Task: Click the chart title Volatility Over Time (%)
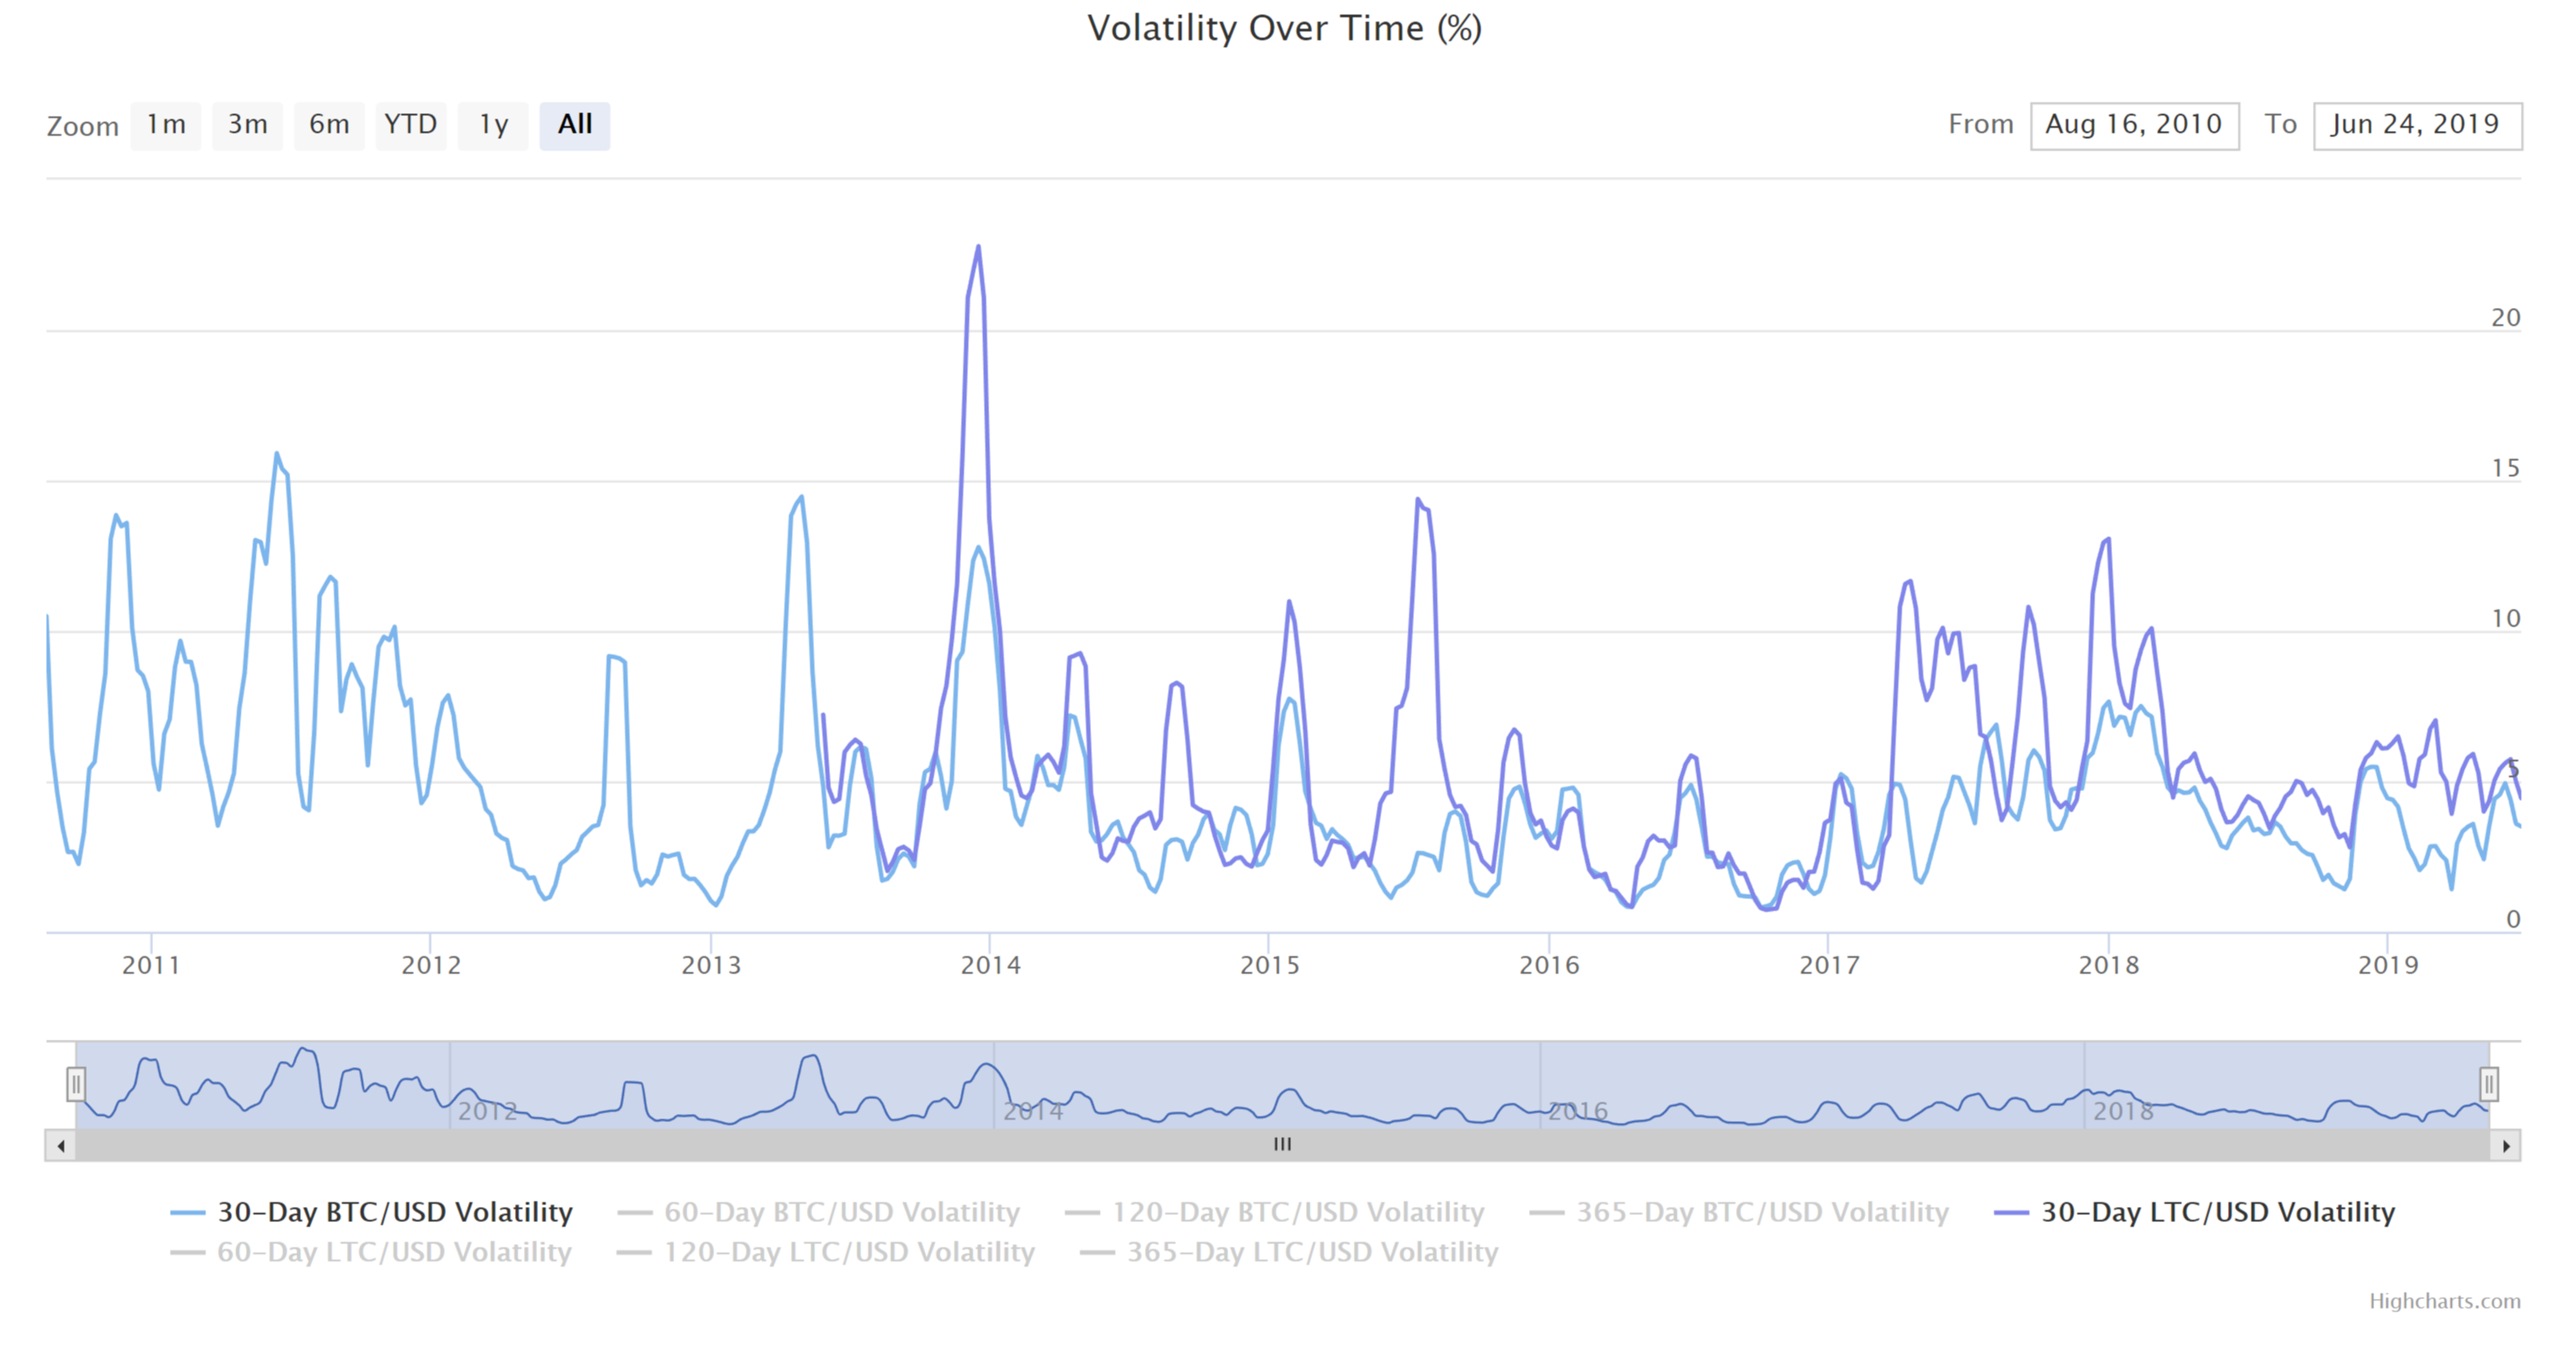coord(1284,28)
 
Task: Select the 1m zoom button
coord(165,125)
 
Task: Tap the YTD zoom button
coord(411,125)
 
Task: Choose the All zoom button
coord(575,125)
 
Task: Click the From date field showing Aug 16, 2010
coord(2133,126)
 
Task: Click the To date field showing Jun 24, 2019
coord(2416,126)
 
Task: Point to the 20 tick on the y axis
coord(2504,318)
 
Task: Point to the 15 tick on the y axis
coord(2504,468)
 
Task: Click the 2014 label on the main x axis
coord(990,965)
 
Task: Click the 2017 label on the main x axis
coord(1829,965)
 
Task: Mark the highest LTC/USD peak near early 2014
coord(979,247)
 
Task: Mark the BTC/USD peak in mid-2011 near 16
coord(277,454)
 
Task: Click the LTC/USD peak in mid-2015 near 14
coord(1417,500)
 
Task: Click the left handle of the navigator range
coord(76,1083)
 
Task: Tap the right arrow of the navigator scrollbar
coord(2506,1145)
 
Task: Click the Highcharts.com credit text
coord(2445,1301)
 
